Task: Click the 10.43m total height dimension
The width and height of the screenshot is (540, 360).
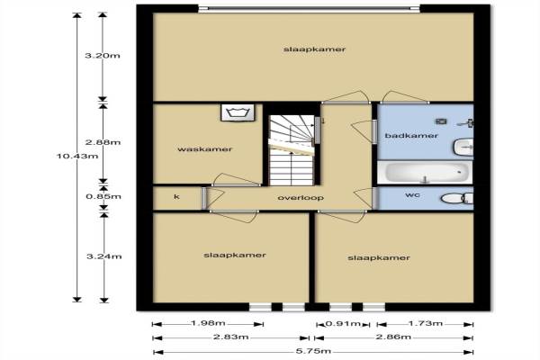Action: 77,156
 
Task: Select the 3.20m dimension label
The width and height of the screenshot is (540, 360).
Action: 103,56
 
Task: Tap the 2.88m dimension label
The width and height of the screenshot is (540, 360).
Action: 103,142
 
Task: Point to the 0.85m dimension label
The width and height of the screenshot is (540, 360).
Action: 103,196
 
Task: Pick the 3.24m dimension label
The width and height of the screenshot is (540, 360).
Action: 103,256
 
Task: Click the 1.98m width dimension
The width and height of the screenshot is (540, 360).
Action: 208,323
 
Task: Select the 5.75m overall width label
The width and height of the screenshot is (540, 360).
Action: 313,351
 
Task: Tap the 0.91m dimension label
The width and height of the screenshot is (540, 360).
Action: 343,323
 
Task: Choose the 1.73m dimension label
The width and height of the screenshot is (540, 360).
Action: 426,323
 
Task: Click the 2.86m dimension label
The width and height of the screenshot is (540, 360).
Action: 393,337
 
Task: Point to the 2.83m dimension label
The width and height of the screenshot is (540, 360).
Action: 230,337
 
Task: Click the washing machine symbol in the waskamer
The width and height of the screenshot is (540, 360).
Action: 238,112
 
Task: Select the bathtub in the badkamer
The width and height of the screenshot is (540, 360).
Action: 426,172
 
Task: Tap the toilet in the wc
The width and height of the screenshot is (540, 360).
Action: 457,198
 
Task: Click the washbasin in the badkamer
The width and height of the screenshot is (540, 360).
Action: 463,147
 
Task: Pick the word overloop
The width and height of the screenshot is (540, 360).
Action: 301,198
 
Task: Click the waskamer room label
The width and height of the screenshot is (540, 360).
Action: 205,149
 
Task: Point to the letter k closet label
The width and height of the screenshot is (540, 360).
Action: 176,197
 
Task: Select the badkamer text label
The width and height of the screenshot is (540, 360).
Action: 411,135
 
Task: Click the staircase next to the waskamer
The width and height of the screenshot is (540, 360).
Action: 292,150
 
